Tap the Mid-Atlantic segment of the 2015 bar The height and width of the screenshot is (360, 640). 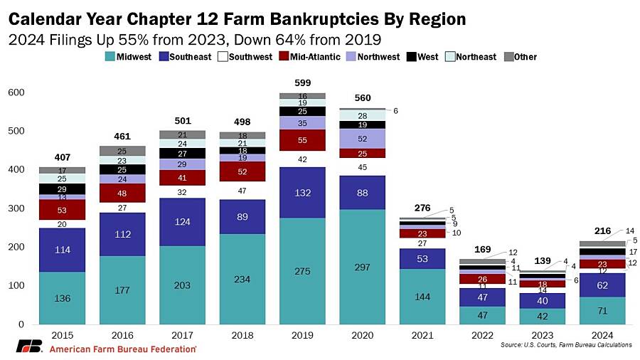click(x=62, y=209)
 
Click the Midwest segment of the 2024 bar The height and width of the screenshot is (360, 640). click(x=604, y=310)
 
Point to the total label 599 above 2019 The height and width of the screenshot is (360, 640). click(x=302, y=83)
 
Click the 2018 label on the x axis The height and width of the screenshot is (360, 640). click(x=242, y=334)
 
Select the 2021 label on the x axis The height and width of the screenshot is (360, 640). click(x=423, y=334)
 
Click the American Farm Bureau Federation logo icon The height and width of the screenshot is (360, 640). click(x=29, y=346)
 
